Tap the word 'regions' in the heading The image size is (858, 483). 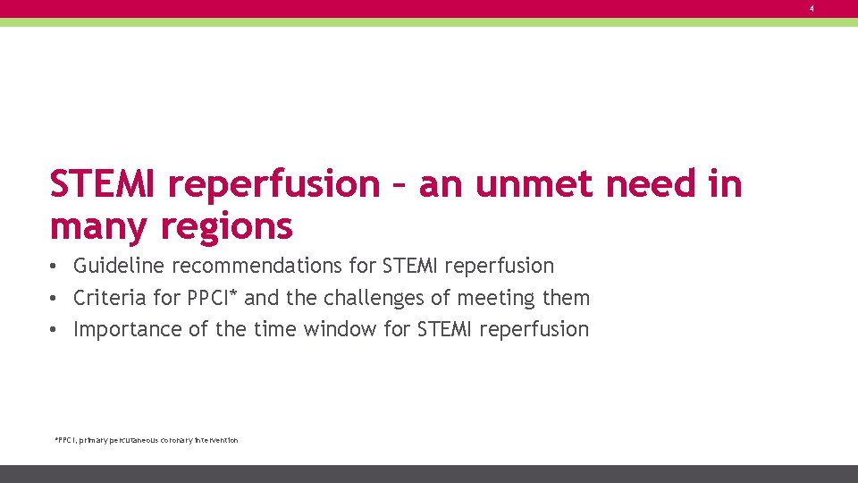point(226,226)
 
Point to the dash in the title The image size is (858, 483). point(399,186)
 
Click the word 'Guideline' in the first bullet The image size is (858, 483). point(119,266)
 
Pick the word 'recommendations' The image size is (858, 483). point(273,266)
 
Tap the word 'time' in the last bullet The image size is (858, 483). point(273,329)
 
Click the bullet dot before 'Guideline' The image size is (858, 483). point(55,267)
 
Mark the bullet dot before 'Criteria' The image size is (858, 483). point(55,298)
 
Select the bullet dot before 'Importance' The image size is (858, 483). point(55,330)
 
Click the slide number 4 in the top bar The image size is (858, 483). point(812,8)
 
